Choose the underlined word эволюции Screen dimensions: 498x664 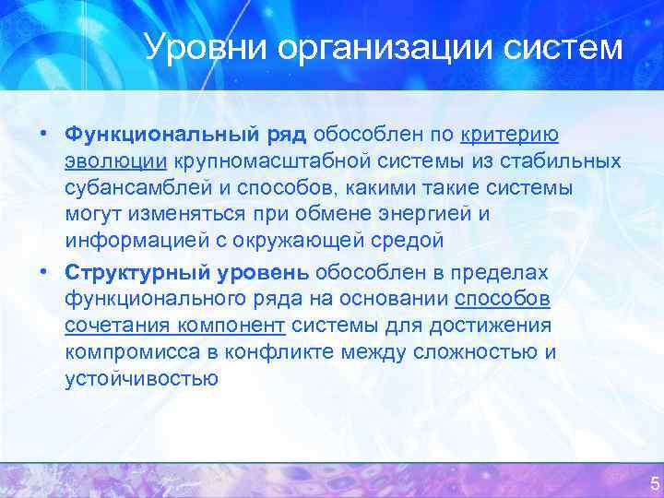pyautogui.click(x=115, y=161)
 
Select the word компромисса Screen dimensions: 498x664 pyautogui.click(x=130, y=352)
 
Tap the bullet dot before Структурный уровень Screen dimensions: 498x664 pyautogui.click(x=45, y=272)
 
